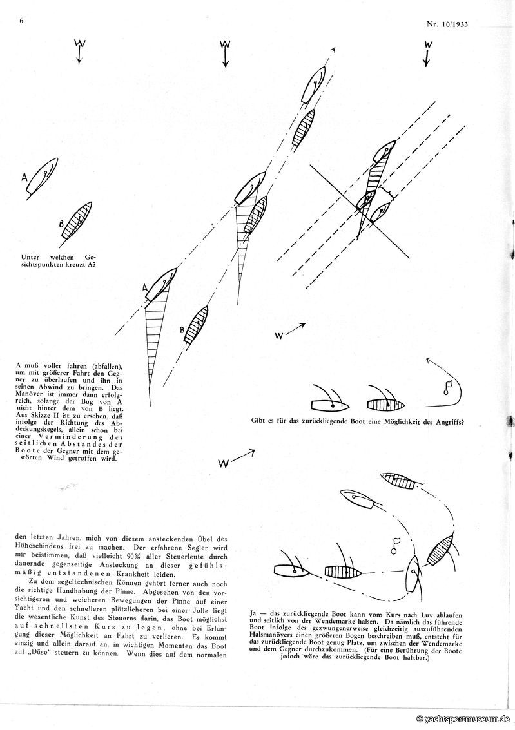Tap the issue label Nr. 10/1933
445,25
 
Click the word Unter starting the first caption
32,255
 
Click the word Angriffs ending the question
445,423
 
